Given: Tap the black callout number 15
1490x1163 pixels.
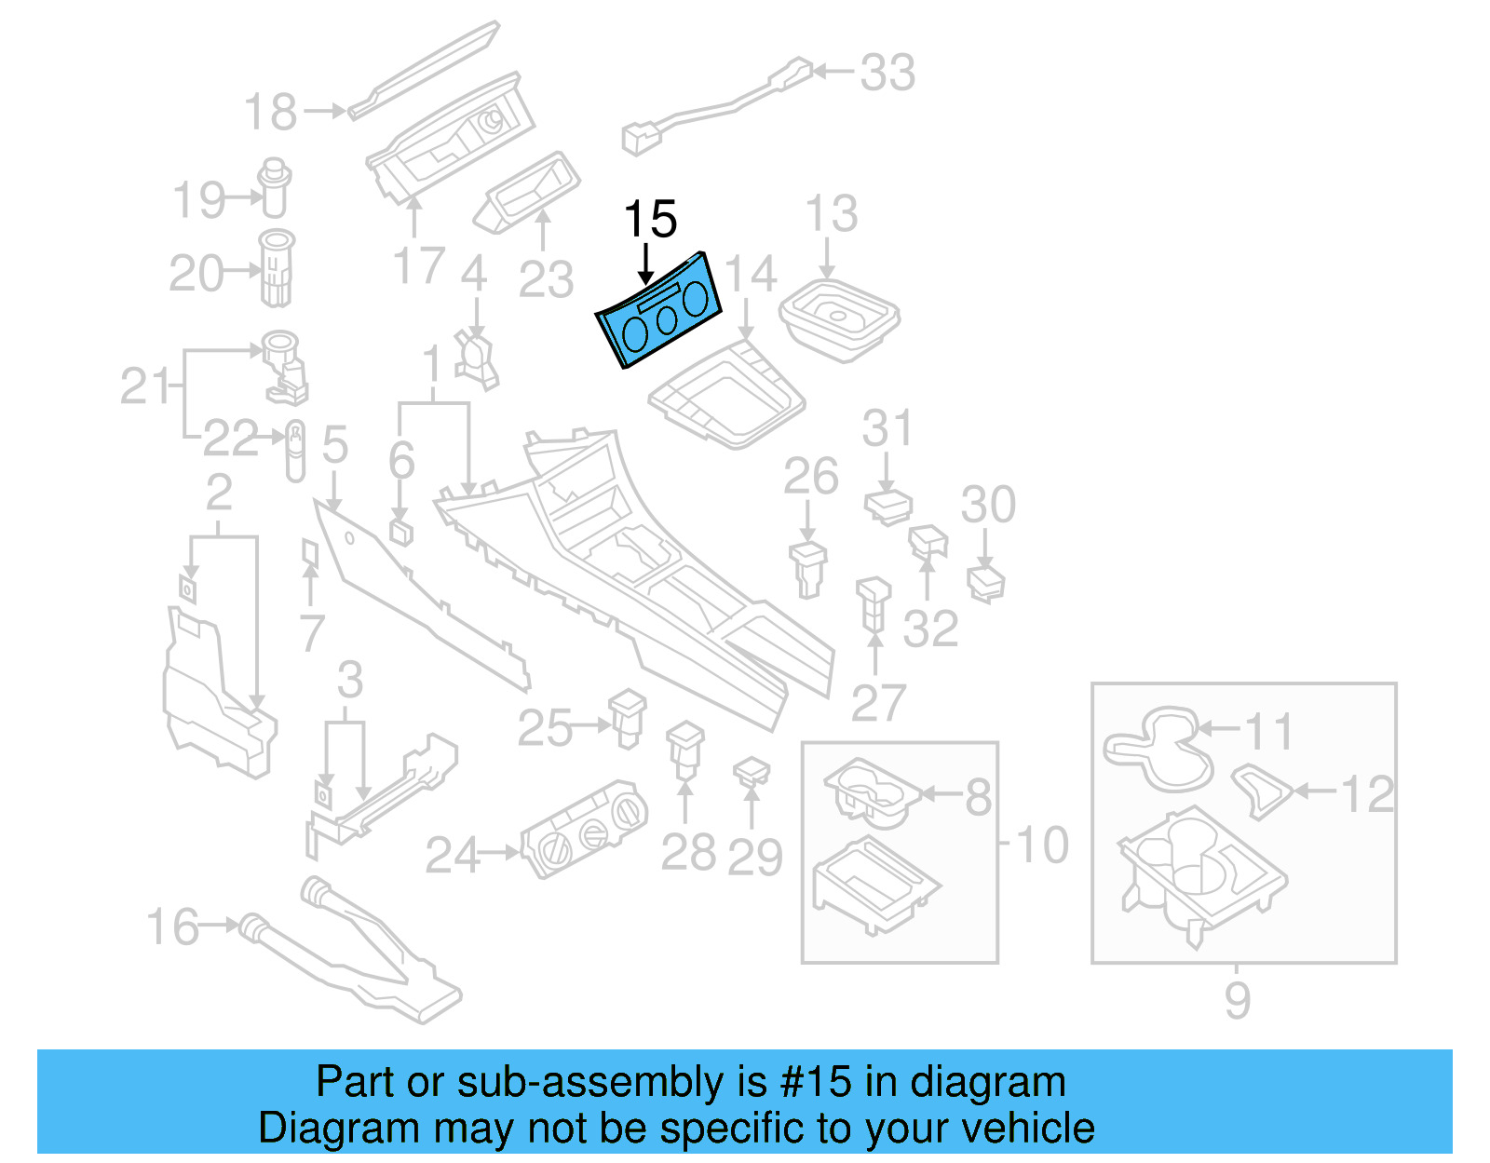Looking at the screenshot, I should tap(650, 221).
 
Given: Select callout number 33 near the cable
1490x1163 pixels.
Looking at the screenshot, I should tap(887, 73).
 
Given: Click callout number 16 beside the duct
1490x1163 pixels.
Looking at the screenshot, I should tap(173, 927).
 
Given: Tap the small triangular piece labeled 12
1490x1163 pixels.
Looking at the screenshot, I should tap(1262, 790).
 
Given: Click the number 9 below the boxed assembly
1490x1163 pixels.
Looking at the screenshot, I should tap(1237, 1001).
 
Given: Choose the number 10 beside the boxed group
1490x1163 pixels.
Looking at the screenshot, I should tap(1041, 845).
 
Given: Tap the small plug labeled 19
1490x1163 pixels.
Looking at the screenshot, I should tap(274, 189).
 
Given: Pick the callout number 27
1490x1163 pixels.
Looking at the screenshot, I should tap(878, 704).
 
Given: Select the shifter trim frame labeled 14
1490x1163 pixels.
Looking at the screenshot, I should tap(726, 396).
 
